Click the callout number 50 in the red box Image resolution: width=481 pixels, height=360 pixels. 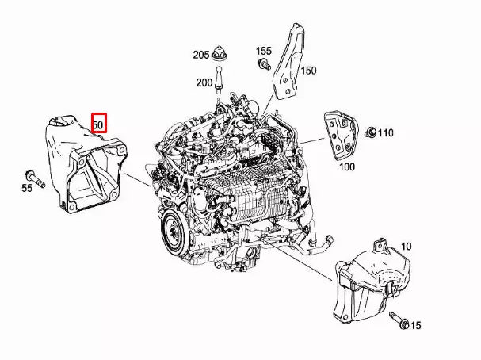[98, 124]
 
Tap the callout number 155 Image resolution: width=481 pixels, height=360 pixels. [264, 51]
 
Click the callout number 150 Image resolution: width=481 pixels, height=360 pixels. [307, 71]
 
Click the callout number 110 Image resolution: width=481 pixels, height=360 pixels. [384, 132]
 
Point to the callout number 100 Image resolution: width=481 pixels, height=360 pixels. [347, 167]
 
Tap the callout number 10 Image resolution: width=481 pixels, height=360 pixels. [407, 247]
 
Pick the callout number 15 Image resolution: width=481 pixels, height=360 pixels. [416, 325]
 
